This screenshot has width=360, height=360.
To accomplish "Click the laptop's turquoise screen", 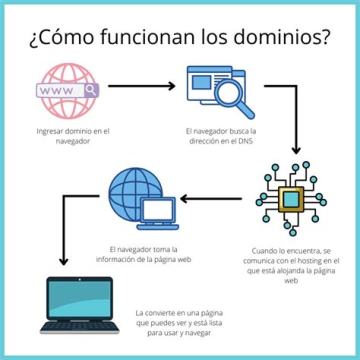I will coord(79,299).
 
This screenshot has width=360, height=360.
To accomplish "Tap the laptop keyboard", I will coord(80,327).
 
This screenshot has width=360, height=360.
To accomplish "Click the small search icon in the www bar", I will coord(91,90).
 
